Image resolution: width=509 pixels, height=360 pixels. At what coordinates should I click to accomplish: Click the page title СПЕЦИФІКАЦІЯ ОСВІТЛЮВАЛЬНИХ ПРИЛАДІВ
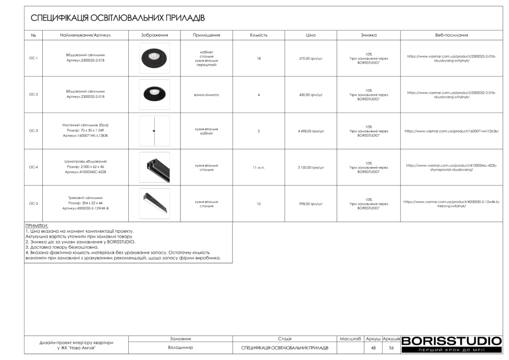tap(118, 18)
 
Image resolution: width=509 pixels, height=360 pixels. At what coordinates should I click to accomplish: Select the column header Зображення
tap(155, 35)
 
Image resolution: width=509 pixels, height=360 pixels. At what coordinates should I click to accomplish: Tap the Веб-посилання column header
tap(451, 35)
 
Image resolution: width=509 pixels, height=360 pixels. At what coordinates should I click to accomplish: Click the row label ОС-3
tap(33, 131)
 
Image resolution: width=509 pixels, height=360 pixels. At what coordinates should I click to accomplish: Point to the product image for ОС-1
tap(154, 58)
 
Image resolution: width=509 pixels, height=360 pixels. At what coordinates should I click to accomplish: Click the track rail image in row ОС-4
tap(154, 167)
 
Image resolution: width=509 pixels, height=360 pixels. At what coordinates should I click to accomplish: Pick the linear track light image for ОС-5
tap(154, 203)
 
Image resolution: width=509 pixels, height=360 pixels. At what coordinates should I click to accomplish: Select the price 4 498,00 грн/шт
tap(311, 131)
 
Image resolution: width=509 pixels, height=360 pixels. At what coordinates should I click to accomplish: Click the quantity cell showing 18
tap(258, 58)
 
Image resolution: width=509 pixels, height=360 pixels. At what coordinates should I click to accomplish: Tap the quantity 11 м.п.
tap(258, 167)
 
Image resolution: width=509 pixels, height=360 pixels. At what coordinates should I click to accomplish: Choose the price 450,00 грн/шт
tap(311, 94)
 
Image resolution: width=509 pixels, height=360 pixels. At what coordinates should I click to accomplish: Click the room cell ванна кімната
tap(206, 94)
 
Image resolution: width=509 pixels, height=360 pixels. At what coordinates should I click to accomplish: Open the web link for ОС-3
tap(451, 131)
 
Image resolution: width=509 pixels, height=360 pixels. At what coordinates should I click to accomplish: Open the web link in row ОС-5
tap(451, 203)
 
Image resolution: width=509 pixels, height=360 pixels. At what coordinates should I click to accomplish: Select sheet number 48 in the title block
tap(373, 348)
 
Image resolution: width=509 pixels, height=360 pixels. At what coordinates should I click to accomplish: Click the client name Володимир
tap(180, 348)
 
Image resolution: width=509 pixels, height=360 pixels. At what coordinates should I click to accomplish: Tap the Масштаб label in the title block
tap(350, 339)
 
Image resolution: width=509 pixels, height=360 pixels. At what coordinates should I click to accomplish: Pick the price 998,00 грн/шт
tap(311, 203)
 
